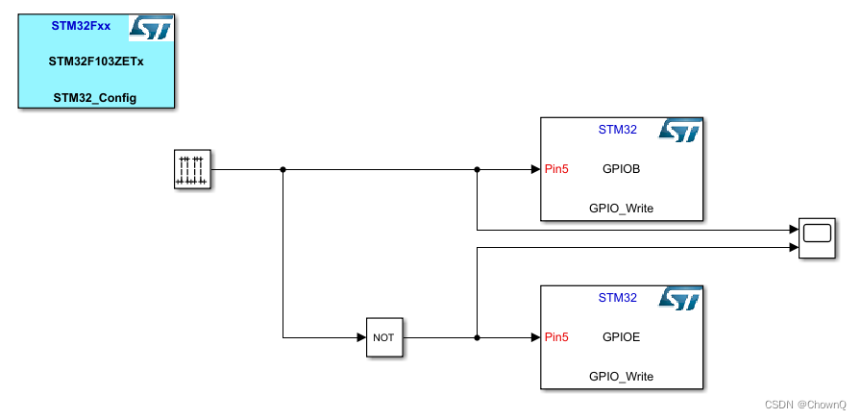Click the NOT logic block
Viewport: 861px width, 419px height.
383,337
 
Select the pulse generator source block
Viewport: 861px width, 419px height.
191,169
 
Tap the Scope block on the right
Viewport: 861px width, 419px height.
817,237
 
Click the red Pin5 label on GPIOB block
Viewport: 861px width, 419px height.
556,169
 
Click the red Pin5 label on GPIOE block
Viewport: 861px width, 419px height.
556,337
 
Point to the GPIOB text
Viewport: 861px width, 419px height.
621,169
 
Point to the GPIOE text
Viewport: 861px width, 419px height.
621,337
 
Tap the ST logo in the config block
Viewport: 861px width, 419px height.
151,28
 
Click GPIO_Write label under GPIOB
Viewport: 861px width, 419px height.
621,208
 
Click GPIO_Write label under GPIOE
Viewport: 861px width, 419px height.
621,376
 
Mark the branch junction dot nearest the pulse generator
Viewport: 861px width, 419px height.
283,170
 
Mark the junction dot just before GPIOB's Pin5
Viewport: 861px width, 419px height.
478,170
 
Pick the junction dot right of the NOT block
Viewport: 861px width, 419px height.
478,337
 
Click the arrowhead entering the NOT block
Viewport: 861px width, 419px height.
360,337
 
